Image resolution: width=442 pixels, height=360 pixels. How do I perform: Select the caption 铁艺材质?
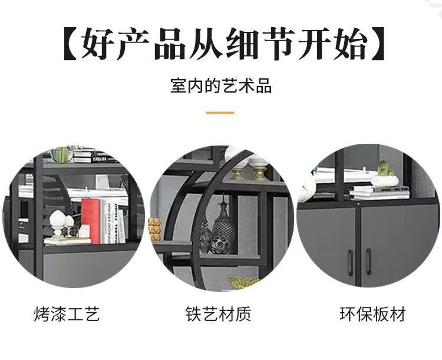click(218, 313)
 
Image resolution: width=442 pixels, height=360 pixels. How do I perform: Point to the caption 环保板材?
click(372, 313)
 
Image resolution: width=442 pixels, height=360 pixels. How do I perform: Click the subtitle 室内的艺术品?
click(221, 86)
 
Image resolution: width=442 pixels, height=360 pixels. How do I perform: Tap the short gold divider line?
click(220, 113)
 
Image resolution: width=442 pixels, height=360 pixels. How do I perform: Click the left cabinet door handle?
click(350, 262)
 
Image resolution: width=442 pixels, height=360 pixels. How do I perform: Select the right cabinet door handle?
click(369, 262)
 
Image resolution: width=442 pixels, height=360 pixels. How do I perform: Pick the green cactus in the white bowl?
click(385, 169)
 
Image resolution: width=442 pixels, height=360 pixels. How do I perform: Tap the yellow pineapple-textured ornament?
click(155, 228)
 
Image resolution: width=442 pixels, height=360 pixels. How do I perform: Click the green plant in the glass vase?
click(61, 154)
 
